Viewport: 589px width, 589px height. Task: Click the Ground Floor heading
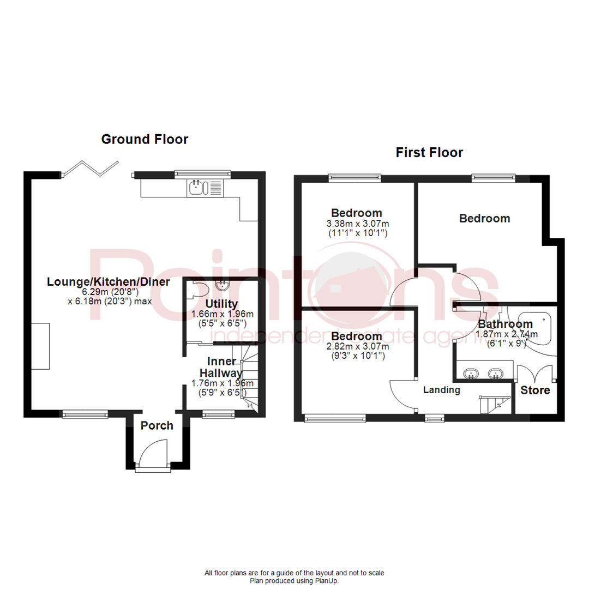(x=145, y=140)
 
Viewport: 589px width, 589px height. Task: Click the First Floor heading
(x=429, y=153)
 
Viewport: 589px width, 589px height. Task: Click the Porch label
(x=157, y=425)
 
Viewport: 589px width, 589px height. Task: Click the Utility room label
(x=221, y=304)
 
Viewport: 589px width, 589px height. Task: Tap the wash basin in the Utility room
(x=223, y=285)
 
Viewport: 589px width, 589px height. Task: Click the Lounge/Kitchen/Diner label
(x=109, y=282)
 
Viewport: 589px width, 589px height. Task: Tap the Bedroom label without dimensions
(x=484, y=219)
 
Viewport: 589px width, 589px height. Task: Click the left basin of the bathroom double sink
(x=470, y=374)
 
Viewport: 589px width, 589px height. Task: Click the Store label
(x=535, y=390)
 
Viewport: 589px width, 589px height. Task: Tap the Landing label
(x=442, y=390)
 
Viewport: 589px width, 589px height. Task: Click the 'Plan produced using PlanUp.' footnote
(x=294, y=581)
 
